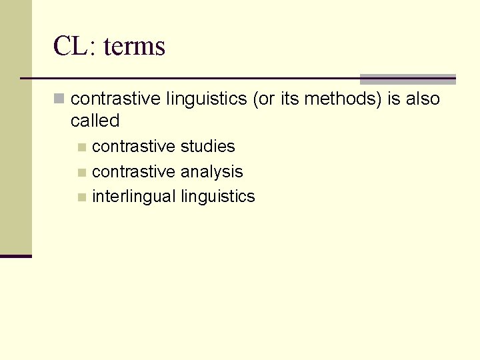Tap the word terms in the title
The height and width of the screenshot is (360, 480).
pyautogui.click(x=135, y=46)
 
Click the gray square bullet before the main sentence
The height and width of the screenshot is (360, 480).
pyautogui.click(x=60, y=99)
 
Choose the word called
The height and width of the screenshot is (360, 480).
pyautogui.click(x=95, y=121)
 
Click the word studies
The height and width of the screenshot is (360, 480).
pyautogui.click(x=208, y=146)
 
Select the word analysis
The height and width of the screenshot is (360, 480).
pyautogui.click(x=212, y=171)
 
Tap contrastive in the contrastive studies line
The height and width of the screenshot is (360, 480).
pyautogui.click(x=134, y=146)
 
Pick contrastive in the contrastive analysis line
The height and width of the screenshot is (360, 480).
pyautogui.click(x=134, y=171)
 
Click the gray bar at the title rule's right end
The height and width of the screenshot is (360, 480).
pyautogui.click(x=407, y=79)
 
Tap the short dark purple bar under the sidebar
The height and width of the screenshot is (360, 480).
pyautogui.click(x=16, y=255)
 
